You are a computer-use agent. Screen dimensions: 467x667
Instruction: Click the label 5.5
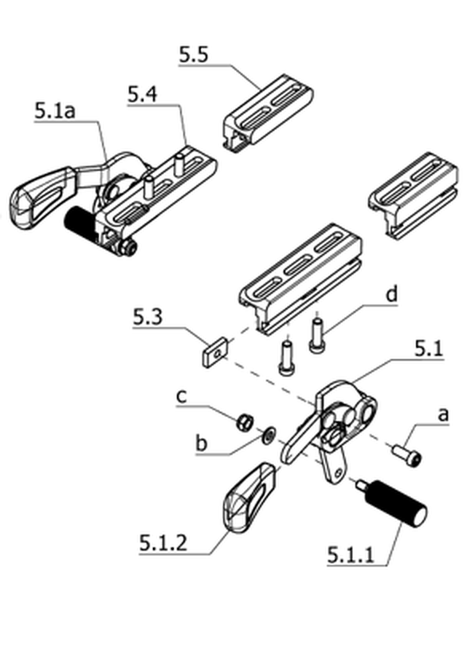[x=194, y=55]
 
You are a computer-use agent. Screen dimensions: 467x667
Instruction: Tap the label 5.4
[x=143, y=94]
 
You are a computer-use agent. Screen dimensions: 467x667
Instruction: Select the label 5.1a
[x=55, y=112]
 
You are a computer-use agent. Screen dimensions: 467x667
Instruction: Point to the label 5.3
[x=147, y=318]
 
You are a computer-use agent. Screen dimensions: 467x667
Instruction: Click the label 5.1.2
[x=163, y=543]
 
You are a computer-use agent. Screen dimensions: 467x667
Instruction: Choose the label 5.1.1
[x=351, y=555]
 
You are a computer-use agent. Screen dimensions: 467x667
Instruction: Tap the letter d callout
[x=391, y=294]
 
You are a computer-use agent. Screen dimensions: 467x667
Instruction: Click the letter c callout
[x=181, y=396]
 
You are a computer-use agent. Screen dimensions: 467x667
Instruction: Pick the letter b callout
[x=201, y=444]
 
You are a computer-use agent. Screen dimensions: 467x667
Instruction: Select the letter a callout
[x=443, y=414]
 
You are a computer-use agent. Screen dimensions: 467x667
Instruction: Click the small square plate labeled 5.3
[x=214, y=351]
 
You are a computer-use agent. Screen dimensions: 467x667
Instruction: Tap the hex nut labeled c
[x=245, y=421]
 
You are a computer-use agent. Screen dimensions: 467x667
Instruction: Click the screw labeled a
[x=407, y=455]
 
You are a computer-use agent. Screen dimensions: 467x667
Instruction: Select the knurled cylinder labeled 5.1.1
[x=392, y=503]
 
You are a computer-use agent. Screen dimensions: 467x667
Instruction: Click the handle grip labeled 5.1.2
[x=248, y=497]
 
